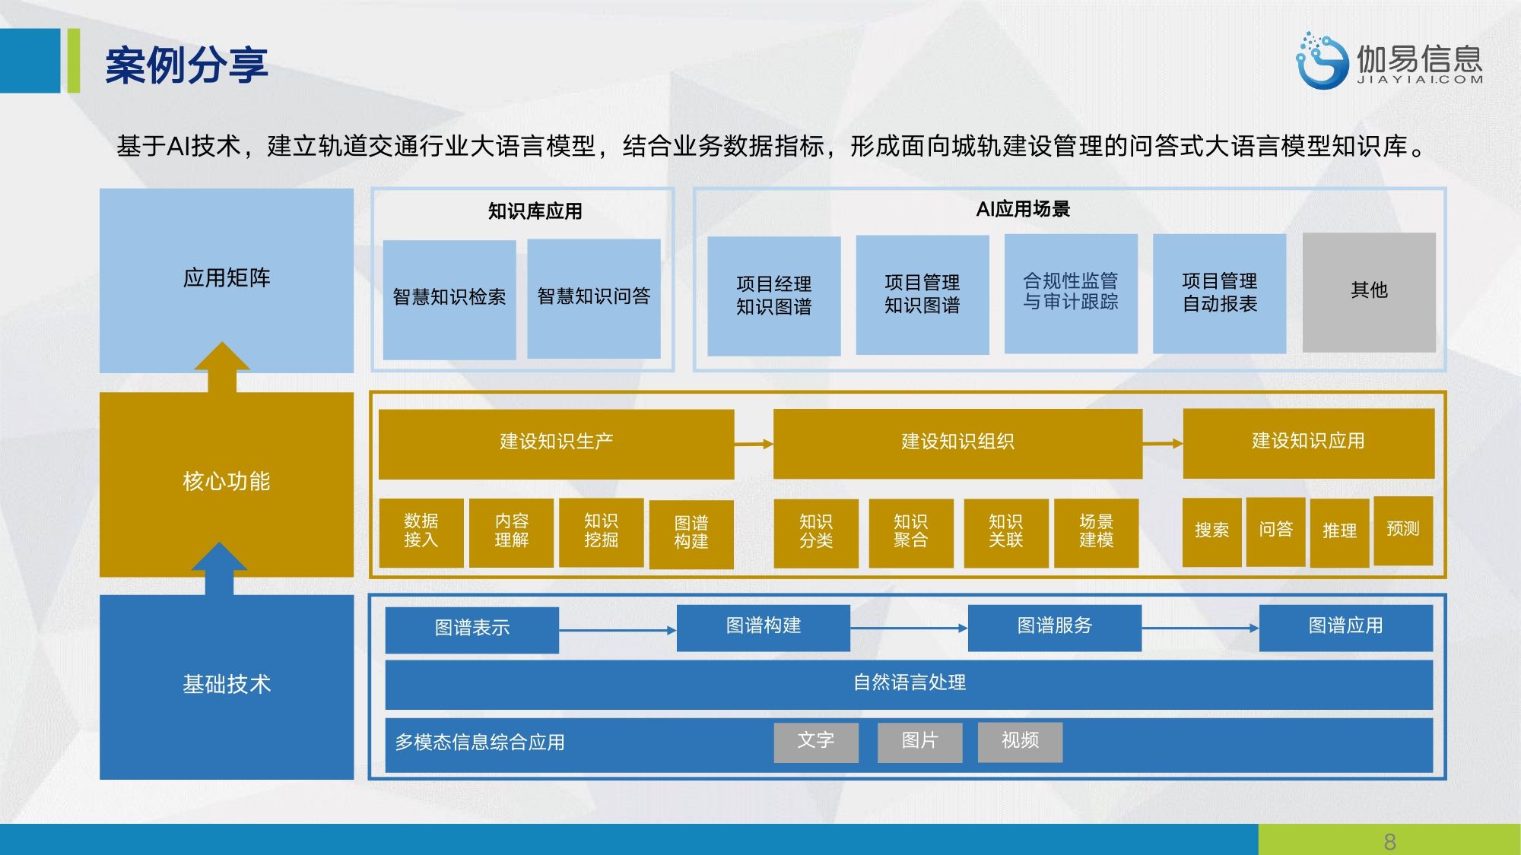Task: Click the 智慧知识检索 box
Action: [449, 299]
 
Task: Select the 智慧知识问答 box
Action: [594, 299]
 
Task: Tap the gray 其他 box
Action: [1369, 293]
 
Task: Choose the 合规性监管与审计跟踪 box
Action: [1071, 293]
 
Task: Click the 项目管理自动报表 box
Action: [1220, 293]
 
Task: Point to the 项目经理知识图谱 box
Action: [774, 296]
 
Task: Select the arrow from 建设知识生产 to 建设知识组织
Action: [754, 444]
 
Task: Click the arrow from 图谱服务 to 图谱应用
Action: [1200, 628]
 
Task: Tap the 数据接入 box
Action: [421, 532]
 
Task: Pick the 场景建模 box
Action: [1096, 532]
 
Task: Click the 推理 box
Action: [1339, 531]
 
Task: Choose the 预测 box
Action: [1403, 530]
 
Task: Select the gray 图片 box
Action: [919, 742]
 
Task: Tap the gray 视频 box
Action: [1020, 742]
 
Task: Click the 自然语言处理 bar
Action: [909, 683]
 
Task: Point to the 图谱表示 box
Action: [472, 629]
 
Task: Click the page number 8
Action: [1389, 841]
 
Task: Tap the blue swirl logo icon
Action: [1321, 61]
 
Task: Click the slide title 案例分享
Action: [186, 65]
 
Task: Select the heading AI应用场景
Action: [1023, 209]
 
